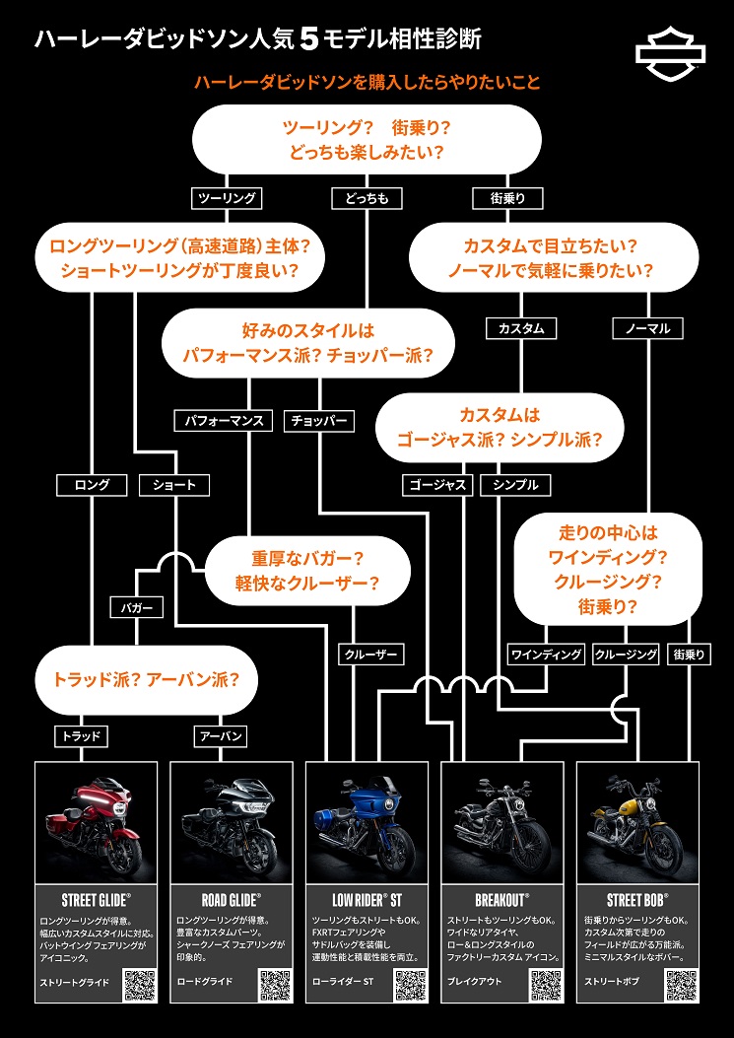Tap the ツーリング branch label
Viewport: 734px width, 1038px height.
coord(228,198)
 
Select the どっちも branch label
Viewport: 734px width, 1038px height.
coord(366,198)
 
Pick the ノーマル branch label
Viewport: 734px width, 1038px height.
coord(647,327)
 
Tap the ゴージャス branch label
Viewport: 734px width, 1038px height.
coord(437,484)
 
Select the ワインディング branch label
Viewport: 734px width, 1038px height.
coord(546,654)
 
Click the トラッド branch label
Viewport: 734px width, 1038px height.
coord(82,736)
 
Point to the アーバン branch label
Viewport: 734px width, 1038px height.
coord(219,736)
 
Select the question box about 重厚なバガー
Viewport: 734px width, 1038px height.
coord(307,569)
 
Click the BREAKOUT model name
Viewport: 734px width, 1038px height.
coord(502,899)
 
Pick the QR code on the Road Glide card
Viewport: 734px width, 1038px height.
coord(275,985)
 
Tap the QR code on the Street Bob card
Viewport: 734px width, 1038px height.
coord(682,985)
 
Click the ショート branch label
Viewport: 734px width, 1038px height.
coord(174,484)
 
